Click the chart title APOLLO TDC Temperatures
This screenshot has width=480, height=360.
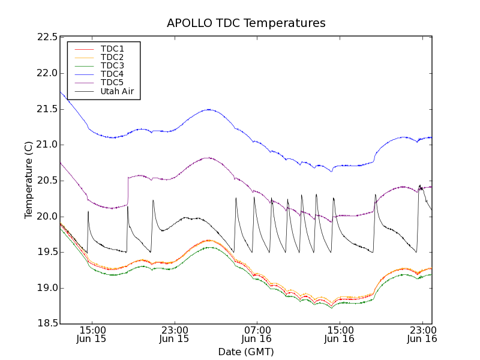tap(246, 23)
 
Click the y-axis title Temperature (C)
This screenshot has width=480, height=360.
tap(29, 180)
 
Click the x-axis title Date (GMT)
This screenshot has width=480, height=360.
tap(246, 352)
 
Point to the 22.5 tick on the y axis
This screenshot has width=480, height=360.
tap(46, 37)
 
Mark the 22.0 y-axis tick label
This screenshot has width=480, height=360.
tap(46, 73)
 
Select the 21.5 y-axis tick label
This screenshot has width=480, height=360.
tap(46, 109)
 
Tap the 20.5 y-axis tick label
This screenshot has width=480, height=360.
tap(46, 181)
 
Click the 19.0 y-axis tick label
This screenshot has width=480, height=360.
tap(46, 288)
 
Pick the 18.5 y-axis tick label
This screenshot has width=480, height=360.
tap(46, 324)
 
